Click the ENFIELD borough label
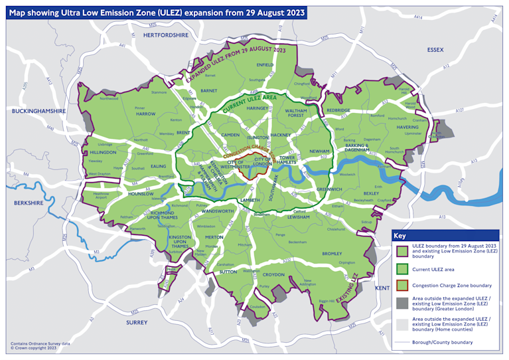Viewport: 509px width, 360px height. [x=265, y=65]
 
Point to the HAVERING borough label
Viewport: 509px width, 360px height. [x=407, y=127]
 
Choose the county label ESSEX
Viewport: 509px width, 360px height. [x=435, y=49]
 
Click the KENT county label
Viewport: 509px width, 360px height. [x=382, y=288]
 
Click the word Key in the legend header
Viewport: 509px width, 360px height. [x=400, y=236]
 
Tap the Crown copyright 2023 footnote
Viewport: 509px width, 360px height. [x=31, y=347]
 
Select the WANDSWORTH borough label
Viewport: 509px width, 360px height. [x=217, y=211]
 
